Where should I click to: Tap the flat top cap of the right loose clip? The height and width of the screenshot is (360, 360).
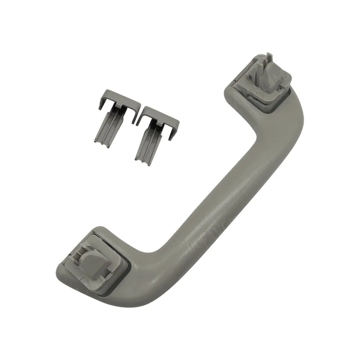tap(158, 112)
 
